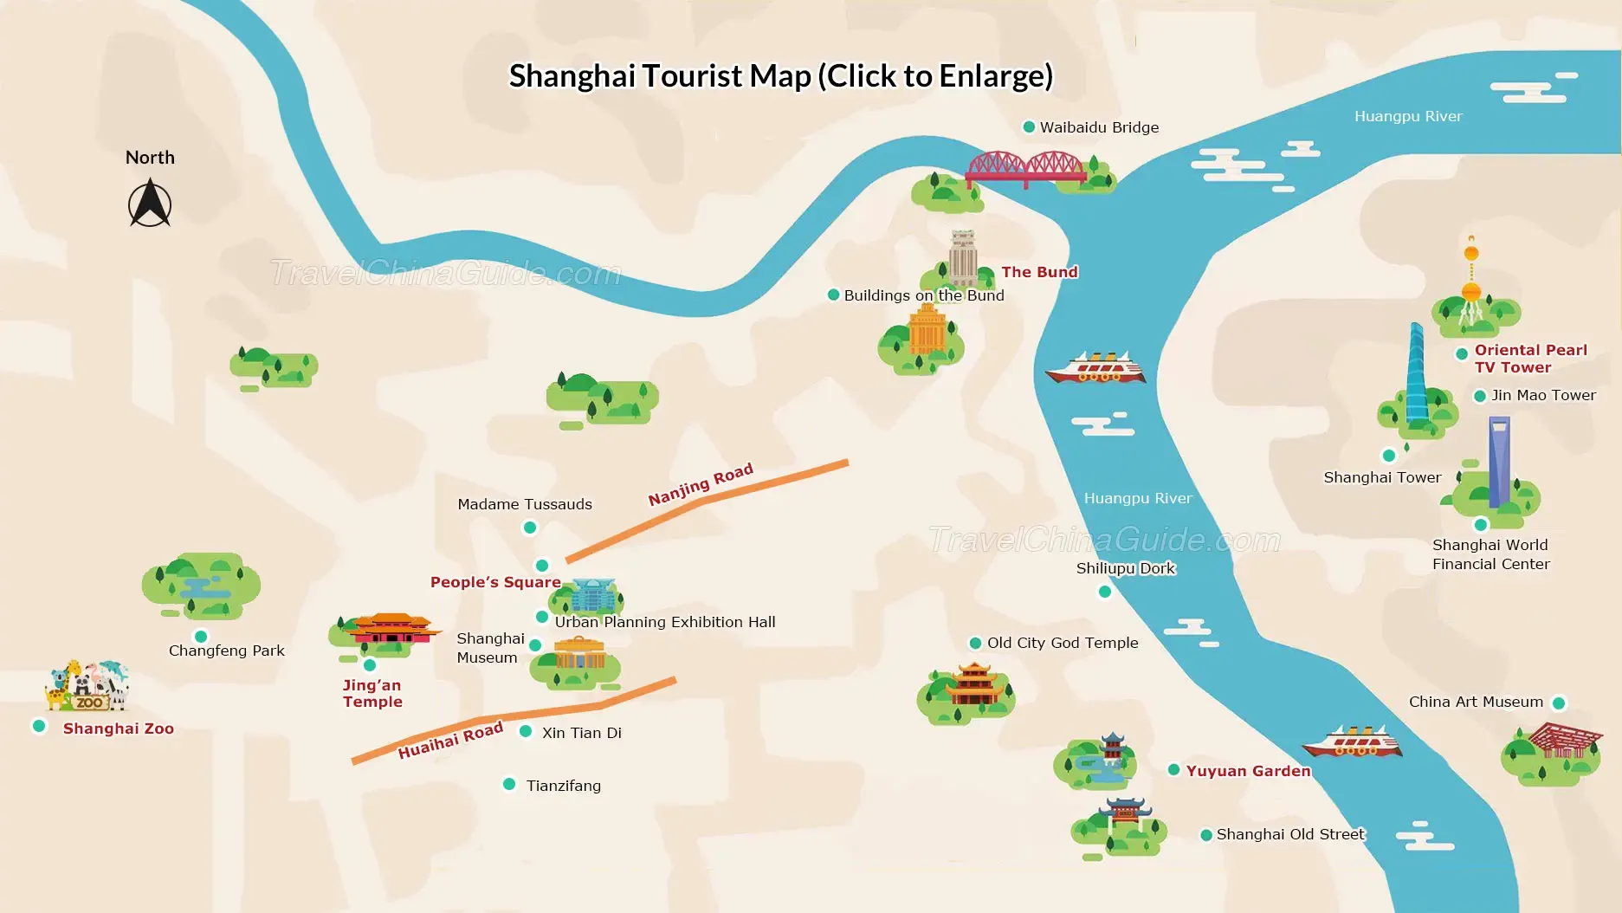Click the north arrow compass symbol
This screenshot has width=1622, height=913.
coord(150,204)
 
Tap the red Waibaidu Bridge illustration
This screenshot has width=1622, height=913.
coord(1025,168)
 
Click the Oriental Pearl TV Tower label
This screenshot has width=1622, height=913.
coord(1530,359)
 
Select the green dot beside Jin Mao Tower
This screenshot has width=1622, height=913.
coord(1480,396)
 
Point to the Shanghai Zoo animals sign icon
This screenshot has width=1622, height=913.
coord(87,686)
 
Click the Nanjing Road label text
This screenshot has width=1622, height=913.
coord(701,485)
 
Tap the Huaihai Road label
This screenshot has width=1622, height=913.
coord(450,741)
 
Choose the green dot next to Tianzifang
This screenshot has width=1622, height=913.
coord(509,785)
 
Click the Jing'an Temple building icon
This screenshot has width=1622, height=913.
coord(391,629)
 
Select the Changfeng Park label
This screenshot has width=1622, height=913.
coord(226,651)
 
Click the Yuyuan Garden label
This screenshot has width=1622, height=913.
coord(1248,771)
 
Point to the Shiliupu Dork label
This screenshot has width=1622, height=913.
coord(1125,568)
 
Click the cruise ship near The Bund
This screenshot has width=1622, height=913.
coord(1095,369)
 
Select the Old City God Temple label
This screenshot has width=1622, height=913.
coord(1063,643)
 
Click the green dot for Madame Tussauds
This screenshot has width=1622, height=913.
coord(530,528)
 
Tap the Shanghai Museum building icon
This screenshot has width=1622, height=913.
coord(578,655)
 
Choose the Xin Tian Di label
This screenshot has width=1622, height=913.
coord(581,733)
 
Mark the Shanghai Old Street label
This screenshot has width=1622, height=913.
coord(1289,834)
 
